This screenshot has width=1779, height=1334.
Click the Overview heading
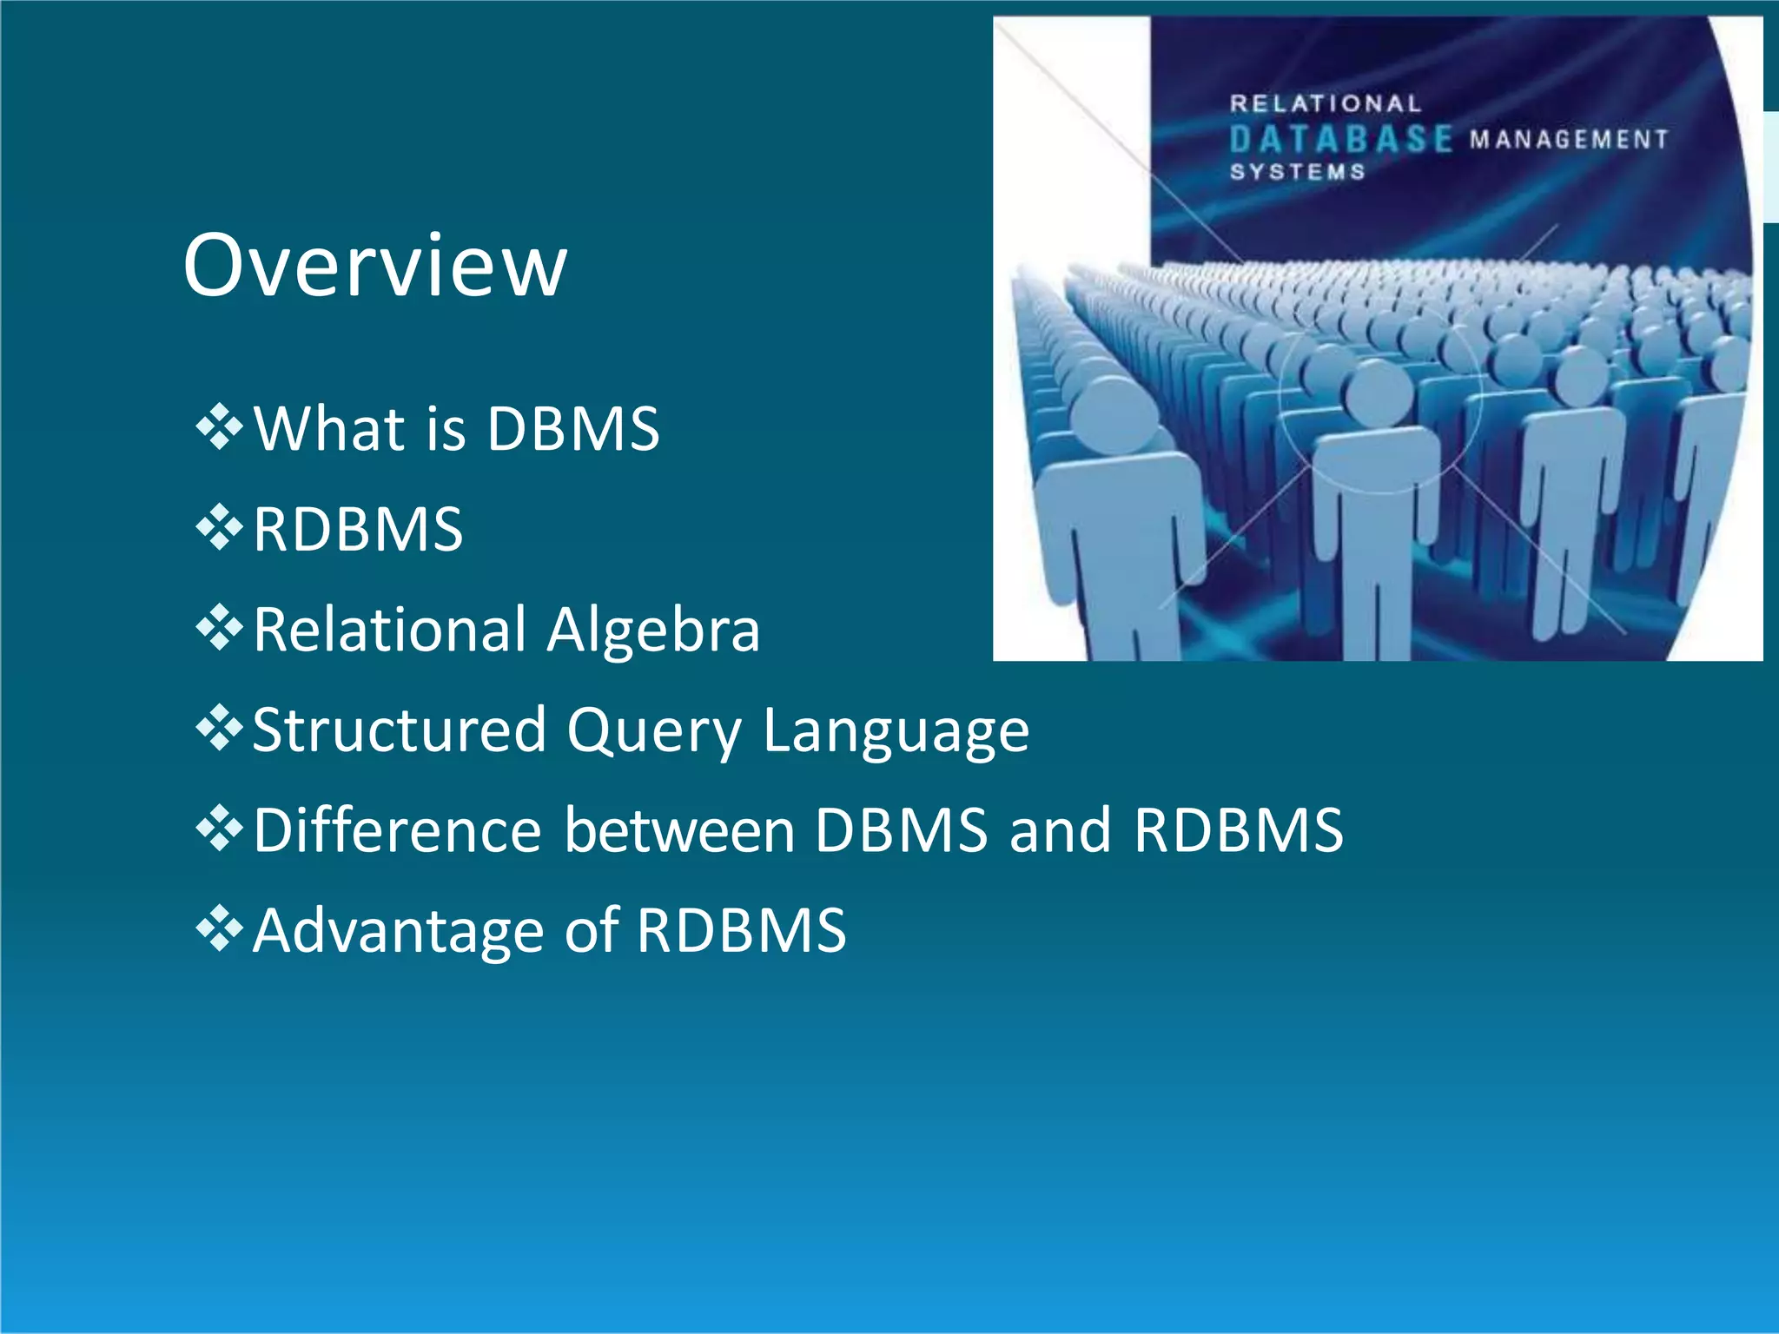(375, 265)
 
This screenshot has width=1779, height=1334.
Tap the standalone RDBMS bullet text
(358, 529)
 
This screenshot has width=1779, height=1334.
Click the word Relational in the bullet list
(390, 629)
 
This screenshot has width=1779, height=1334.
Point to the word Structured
(399, 730)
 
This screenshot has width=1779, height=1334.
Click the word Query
(654, 731)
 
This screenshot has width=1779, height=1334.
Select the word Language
(896, 731)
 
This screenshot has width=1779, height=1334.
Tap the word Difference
(398, 829)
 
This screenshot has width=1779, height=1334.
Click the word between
(679, 829)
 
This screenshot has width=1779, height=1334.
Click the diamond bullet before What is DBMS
(219, 426)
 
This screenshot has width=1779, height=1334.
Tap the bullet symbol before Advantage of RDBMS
(219, 928)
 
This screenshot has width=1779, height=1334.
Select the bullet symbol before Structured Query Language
(219, 728)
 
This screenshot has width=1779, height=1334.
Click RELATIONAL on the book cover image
(1325, 104)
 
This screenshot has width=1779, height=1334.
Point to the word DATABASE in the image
(1340, 139)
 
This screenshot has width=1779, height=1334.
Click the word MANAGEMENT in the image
(1569, 140)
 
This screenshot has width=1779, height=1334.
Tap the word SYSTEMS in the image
(1297, 172)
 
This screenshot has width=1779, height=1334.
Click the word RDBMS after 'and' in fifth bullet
(1239, 829)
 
